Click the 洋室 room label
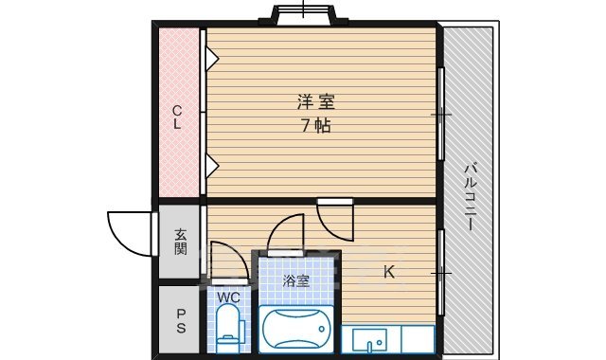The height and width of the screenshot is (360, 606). (315, 101)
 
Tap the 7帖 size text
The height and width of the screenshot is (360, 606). (315, 125)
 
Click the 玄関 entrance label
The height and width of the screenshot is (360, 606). (180, 242)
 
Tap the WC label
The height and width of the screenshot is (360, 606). (229, 297)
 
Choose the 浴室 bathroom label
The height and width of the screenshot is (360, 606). (296, 280)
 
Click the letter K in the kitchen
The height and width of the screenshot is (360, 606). (388, 273)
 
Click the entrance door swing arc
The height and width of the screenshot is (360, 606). (127, 232)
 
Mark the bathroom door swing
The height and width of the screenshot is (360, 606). (285, 234)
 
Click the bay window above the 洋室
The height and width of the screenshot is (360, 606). (304, 15)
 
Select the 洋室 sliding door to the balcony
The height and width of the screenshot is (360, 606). (441, 115)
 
